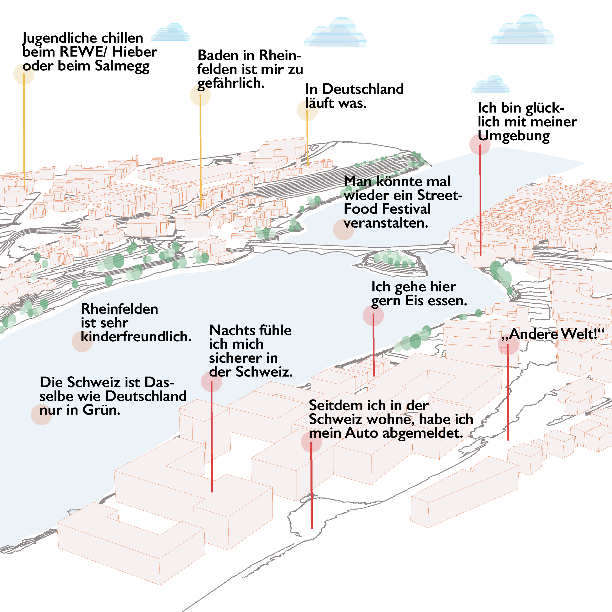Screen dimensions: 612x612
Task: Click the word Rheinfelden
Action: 120,309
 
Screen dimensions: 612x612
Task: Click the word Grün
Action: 101,410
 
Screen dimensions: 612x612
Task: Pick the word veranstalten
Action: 386,223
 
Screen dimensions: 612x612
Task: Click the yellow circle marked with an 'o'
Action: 24,74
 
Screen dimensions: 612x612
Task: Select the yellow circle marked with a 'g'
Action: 200,95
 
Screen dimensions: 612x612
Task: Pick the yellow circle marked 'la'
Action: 307,110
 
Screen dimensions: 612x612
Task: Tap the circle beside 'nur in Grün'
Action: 42,414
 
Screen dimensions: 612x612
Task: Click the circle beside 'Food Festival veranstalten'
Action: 343,229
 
